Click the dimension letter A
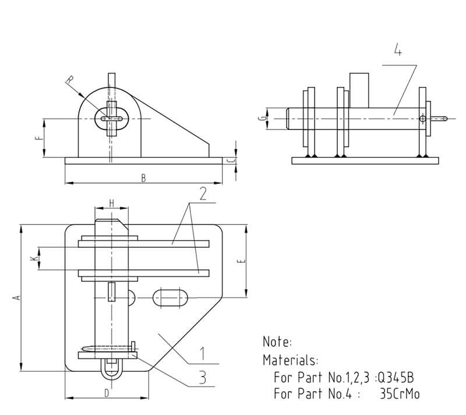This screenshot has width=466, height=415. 17,297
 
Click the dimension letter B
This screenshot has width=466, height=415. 143,178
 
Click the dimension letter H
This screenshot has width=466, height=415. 111,203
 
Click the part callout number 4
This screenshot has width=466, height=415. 398,51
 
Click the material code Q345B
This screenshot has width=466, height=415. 397,377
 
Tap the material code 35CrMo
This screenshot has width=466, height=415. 399,394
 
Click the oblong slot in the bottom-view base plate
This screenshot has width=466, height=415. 170,298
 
